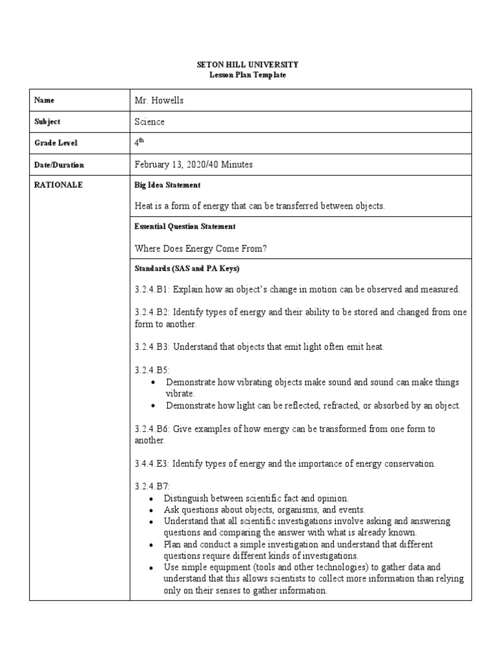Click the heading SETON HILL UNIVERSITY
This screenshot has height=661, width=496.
pyautogui.click(x=247, y=65)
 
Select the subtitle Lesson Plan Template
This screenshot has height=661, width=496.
pyautogui.click(x=247, y=75)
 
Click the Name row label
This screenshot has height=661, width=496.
pyautogui.click(x=45, y=100)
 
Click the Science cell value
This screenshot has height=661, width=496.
pyautogui.click(x=149, y=121)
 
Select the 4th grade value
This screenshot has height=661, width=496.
pyautogui.click(x=139, y=143)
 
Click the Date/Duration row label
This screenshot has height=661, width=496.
pyautogui.click(x=59, y=165)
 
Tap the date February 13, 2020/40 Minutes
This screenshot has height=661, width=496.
pyautogui.click(x=193, y=165)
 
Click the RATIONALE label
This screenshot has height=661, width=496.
pyautogui.click(x=59, y=185)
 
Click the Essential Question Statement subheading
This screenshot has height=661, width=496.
pyautogui.click(x=184, y=227)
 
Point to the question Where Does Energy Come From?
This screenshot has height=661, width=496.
pyautogui.click(x=200, y=249)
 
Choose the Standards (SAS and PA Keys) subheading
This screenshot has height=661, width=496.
pyautogui.click(x=187, y=269)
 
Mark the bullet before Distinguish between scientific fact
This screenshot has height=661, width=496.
pyautogui.click(x=150, y=499)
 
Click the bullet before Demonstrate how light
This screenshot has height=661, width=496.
pyautogui.click(x=152, y=406)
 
